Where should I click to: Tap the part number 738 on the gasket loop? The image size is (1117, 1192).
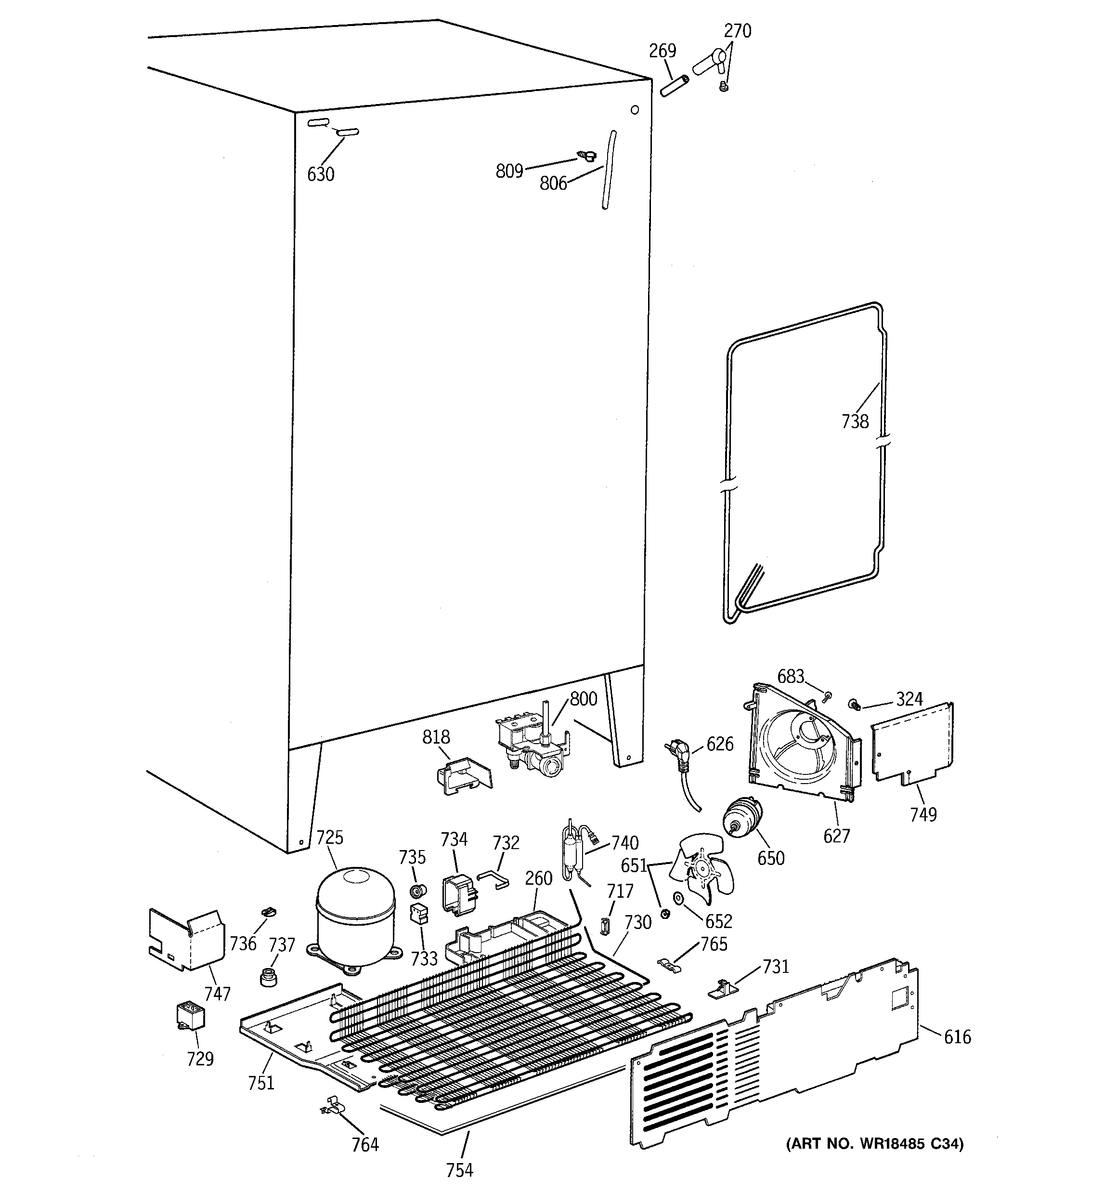click(x=855, y=421)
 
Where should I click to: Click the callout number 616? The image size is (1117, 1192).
click(x=957, y=1037)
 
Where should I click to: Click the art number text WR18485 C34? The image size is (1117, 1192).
click(x=875, y=1144)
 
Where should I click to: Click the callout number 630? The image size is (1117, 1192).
click(x=320, y=174)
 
